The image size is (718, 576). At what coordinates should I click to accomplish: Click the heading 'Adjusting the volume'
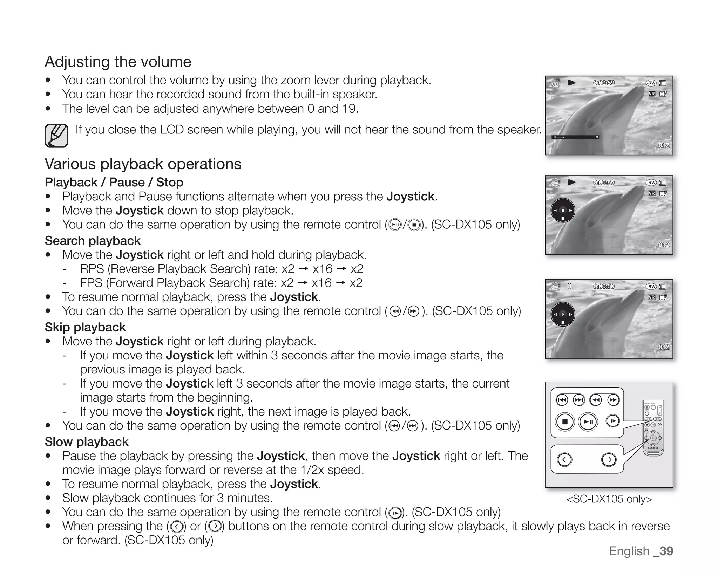tap(118, 62)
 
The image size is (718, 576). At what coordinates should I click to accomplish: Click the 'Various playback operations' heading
tap(143, 164)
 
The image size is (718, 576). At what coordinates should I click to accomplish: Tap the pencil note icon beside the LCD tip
tap(56, 136)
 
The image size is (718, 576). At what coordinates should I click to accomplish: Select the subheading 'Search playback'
tap(93, 241)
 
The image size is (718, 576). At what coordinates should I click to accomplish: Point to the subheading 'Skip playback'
tap(85, 327)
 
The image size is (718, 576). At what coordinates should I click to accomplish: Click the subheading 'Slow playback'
tap(87, 442)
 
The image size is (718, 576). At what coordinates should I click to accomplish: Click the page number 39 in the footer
tap(666, 551)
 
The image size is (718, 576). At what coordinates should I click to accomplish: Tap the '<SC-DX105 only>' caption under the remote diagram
tap(609, 499)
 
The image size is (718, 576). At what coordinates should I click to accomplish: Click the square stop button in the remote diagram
tap(564, 422)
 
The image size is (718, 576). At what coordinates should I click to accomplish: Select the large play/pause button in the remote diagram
tap(588, 422)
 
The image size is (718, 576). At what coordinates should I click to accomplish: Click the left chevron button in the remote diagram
tap(564, 459)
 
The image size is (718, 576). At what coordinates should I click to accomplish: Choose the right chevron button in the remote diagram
tap(609, 459)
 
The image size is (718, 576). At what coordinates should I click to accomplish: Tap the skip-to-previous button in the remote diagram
tap(562, 400)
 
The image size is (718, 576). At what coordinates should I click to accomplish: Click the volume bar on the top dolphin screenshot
tap(575, 137)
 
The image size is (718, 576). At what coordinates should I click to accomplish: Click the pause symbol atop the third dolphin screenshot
tap(570, 286)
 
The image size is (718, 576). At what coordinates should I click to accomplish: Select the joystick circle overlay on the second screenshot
tap(563, 210)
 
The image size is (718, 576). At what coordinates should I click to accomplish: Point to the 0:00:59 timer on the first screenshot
tap(604, 83)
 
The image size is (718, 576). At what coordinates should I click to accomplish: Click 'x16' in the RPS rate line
tap(322, 269)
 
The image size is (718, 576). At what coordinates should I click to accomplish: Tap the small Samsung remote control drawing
tap(653, 427)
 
